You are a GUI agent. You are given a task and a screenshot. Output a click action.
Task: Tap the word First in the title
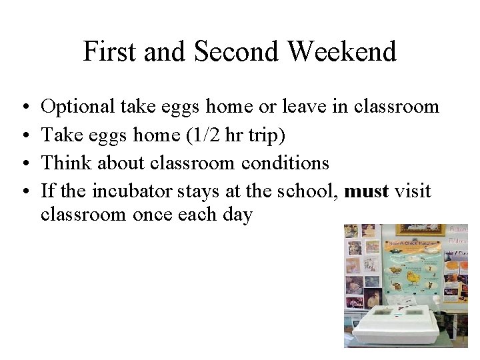(109, 51)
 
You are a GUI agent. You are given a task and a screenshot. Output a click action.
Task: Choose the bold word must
(367, 192)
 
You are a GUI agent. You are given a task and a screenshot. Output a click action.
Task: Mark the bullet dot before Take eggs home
(23, 135)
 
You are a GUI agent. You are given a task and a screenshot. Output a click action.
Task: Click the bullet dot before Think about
(23, 163)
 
